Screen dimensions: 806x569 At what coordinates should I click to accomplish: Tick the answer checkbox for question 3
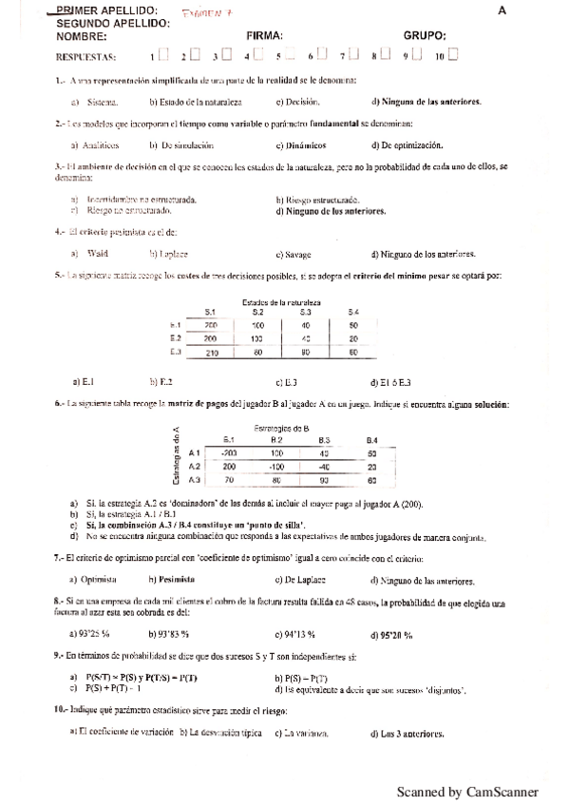[226, 56]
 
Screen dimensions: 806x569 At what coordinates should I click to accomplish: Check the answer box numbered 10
[452, 56]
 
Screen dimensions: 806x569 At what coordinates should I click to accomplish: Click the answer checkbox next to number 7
[353, 56]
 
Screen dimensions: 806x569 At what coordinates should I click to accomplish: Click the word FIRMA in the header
[265, 35]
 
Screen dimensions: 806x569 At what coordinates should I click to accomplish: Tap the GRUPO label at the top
[425, 35]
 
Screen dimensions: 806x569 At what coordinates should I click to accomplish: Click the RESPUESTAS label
[63, 57]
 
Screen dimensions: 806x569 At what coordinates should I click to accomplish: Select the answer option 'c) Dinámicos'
[300, 145]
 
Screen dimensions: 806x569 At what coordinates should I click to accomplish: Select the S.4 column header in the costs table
[352, 312]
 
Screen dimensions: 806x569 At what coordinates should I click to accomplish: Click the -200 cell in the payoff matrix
[229, 453]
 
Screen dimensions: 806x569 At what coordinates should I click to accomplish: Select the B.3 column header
[324, 440]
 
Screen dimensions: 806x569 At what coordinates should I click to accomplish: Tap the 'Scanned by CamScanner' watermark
[466, 792]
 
